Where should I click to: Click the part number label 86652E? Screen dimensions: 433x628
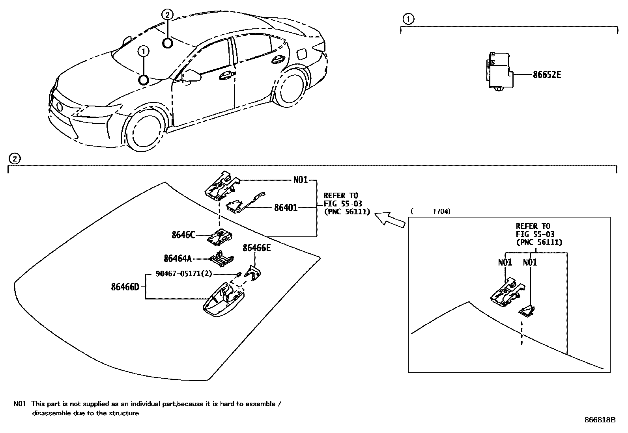[546, 74]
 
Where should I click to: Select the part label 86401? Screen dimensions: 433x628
[286, 207]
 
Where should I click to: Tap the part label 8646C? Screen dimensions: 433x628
[183, 235]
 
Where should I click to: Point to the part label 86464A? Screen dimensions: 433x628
[178, 258]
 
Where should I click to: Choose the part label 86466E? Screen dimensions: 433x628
[257, 248]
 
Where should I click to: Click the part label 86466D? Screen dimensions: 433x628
[125, 287]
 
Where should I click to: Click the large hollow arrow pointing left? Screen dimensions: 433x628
[389, 218]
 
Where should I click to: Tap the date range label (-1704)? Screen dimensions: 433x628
[430, 212]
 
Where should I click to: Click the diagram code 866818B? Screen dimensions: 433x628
[600, 420]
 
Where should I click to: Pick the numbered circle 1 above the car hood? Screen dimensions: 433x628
[143, 51]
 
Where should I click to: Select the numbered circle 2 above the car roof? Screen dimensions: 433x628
[167, 15]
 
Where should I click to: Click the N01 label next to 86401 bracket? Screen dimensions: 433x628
[300, 180]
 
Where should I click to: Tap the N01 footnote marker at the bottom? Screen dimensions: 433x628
[19, 404]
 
